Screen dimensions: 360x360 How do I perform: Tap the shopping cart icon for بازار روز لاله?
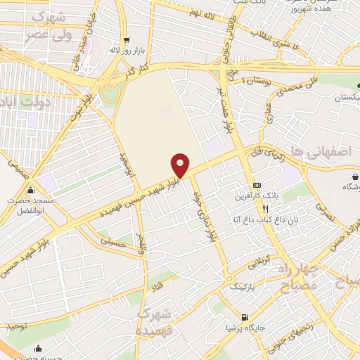[126, 40]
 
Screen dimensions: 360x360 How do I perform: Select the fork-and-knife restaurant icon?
[265, 209]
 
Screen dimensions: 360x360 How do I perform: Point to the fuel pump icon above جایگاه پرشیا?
[244, 317]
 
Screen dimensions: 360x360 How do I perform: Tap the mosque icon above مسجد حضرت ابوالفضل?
[30, 191]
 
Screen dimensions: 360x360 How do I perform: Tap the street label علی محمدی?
[288, 91]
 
